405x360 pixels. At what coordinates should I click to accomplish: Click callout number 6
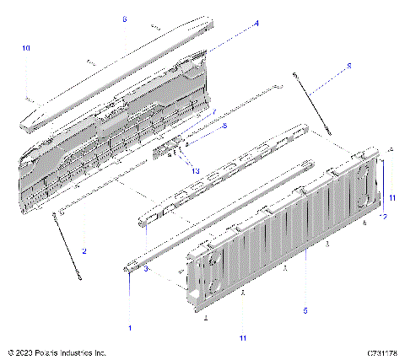(124, 19)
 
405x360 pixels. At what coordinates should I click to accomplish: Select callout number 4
(256, 24)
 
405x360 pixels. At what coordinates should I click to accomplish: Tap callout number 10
(25, 49)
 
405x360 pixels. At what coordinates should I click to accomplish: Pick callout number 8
(224, 125)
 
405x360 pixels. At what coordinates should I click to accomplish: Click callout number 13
(196, 170)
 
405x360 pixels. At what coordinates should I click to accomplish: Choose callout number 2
(84, 250)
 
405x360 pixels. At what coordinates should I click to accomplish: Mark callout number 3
(145, 269)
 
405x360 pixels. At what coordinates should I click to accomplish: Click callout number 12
(384, 217)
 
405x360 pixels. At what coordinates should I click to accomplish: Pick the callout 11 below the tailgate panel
(242, 338)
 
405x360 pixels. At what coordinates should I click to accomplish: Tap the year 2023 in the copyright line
(21, 352)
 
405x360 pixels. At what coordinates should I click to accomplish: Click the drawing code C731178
(382, 352)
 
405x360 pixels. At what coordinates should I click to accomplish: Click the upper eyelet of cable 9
(296, 76)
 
